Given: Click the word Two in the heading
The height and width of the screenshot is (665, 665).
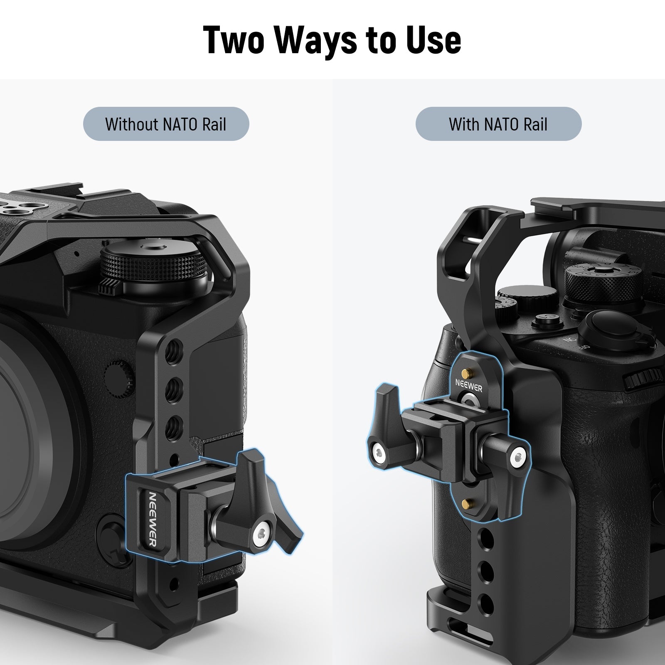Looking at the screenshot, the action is coord(234,40).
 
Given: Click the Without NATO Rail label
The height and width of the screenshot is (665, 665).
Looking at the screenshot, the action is coord(166,124).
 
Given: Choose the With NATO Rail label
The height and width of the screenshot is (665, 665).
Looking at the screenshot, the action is coord(498,124).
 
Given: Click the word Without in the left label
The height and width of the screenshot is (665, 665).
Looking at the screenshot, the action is coord(132,124).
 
